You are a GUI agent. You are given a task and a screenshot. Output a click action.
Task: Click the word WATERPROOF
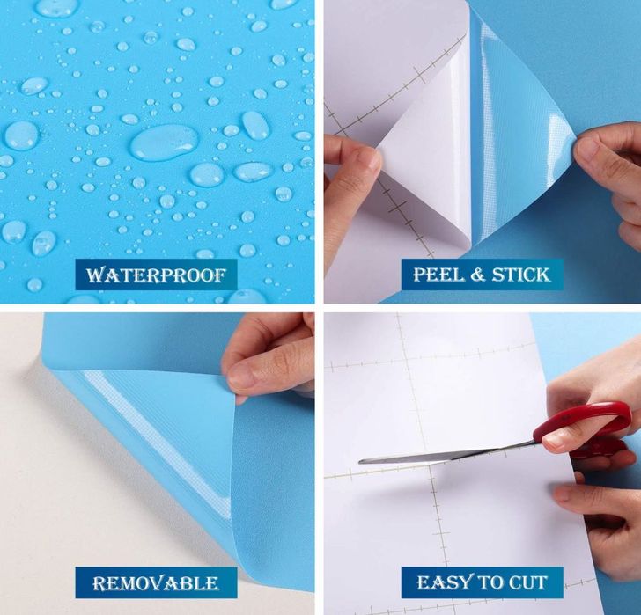[156, 275]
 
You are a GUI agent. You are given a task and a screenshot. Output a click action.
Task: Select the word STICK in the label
[521, 275]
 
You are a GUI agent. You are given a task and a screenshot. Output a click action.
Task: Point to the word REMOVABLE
[156, 583]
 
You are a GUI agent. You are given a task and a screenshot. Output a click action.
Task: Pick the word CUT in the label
[527, 582]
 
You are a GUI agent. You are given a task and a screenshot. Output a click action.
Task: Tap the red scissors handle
[583, 425]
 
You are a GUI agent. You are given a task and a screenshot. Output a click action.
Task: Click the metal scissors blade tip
[360, 462]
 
